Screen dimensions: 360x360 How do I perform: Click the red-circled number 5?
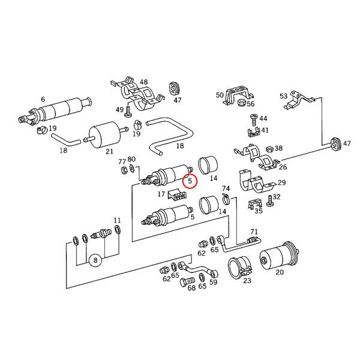coord(190,181)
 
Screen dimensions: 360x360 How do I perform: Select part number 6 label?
coord(43,99)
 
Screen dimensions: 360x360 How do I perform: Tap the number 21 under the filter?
coord(109,152)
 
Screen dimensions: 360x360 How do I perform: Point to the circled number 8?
coord(95,261)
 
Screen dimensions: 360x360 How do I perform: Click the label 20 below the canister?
coord(280,272)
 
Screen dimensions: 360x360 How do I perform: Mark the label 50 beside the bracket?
coord(220,95)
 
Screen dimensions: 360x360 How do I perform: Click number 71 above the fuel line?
coord(254,232)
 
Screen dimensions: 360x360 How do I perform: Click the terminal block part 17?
coord(178,194)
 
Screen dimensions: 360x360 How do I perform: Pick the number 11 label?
coord(117,220)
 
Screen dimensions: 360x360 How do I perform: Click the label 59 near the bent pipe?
coord(213,281)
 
